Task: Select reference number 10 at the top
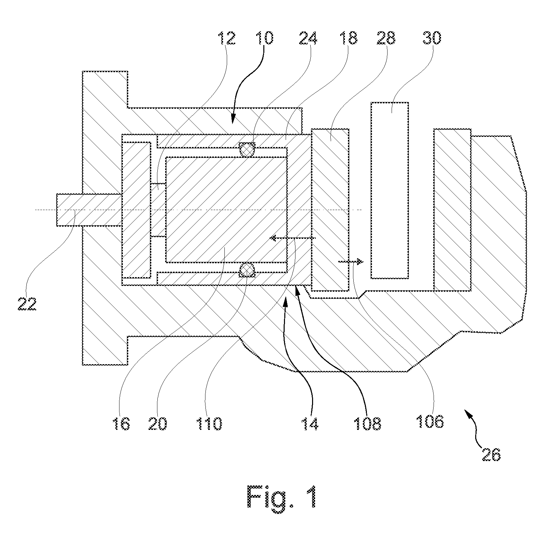[x=264, y=38]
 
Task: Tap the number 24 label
[x=308, y=38]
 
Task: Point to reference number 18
[x=348, y=38]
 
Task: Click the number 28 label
[x=386, y=38]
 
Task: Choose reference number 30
[x=432, y=38]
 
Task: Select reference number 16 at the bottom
[x=121, y=423]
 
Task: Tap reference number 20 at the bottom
[x=158, y=423]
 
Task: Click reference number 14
[x=310, y=423]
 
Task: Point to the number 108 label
[x=367, y=423]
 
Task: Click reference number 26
[x=491, y=454]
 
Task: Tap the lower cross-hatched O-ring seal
[x=247, y=270]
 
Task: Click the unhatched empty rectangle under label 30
[x=390, y=190]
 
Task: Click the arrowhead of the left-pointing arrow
[x=272, y=238]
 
